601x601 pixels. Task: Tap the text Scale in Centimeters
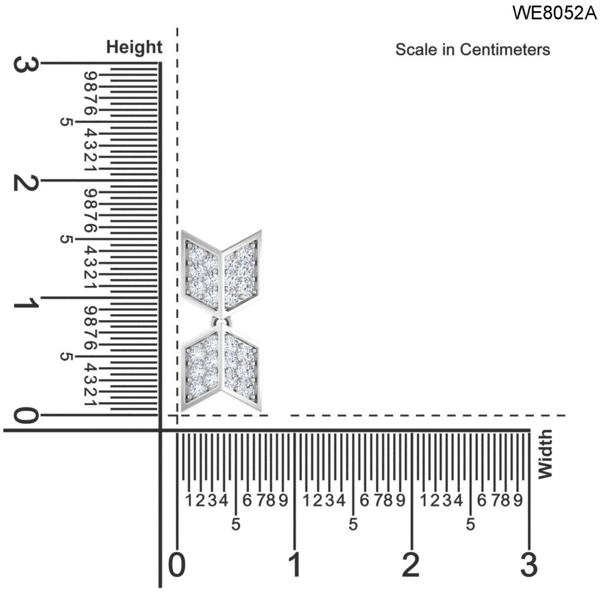point(472,50)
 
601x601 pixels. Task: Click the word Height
point(134,47)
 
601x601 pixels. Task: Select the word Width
point(545,454)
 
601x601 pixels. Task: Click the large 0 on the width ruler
point(177,564)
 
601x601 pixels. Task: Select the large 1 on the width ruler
point(295,564)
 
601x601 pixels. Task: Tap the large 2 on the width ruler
point(412,564)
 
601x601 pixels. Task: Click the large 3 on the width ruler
point(529,564)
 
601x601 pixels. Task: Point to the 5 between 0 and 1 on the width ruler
point(235,525)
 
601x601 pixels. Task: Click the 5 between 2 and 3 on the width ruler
point(470,525)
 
